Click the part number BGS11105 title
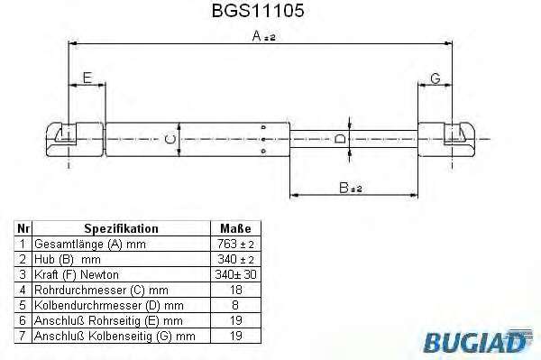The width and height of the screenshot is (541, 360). point(258,10)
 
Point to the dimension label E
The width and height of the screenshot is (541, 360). point(87,78)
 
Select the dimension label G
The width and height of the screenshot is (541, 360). point(436,78)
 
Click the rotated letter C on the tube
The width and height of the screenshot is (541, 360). point(170,140)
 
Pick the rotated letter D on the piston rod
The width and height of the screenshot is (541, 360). point(340,139)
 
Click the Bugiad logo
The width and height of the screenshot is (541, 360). point(479,341)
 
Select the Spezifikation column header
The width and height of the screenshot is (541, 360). point(121,228)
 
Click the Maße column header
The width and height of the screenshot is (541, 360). point(235,228)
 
